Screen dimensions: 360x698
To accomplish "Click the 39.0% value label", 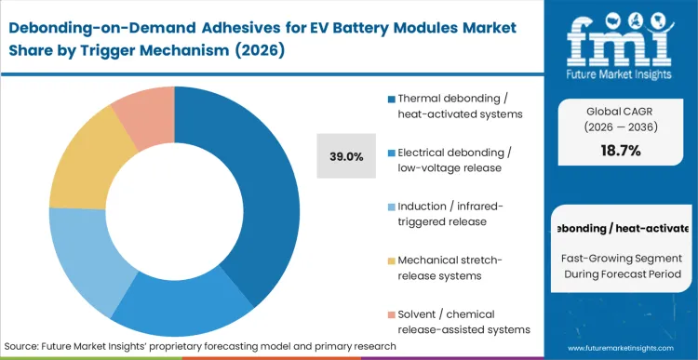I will click(347, 156).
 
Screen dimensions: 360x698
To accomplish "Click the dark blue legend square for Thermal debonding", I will click(391, 99).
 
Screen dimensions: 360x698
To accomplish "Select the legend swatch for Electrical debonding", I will click(391, 152).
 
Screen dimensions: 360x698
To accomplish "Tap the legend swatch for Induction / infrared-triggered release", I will click(391, 205).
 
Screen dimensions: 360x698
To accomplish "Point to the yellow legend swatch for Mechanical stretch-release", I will click(391, 260).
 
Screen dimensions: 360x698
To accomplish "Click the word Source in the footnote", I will click(29, 346).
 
